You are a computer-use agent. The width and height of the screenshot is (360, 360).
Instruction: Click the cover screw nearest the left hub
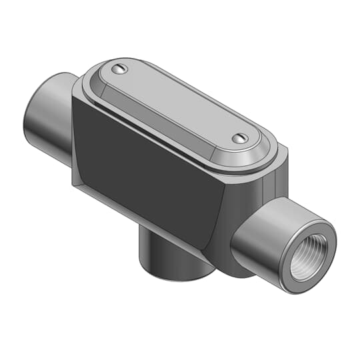[119, 69]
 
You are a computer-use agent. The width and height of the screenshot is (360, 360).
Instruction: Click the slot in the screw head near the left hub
[119, 69]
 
